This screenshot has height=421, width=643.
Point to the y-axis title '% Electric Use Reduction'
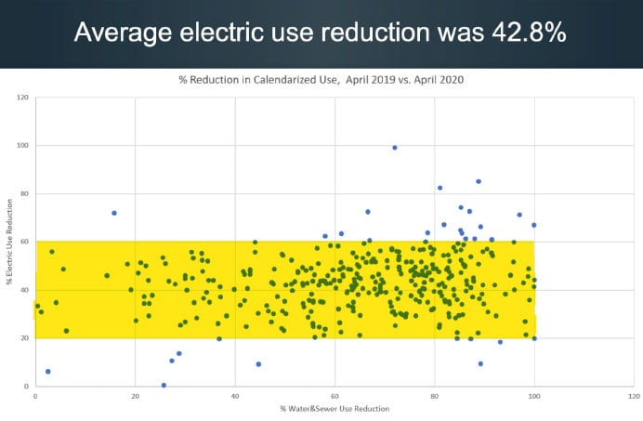coord(8,242)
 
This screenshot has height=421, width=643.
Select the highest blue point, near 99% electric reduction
coord(395,147)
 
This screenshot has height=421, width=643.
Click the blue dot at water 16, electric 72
coord(114,213)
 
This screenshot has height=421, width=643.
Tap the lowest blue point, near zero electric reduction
coord(164,385)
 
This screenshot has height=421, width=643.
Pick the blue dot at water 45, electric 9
coord(258,364)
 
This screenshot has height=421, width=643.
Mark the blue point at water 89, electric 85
coord(479,181)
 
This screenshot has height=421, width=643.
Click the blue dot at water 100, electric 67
coord(534,225)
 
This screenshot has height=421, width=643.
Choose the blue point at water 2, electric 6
coord(47,372)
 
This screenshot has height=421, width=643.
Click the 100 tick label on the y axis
coord(22,146)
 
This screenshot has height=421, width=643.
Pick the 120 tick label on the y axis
coord(22,98)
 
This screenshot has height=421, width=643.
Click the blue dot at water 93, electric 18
coord(500,342)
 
